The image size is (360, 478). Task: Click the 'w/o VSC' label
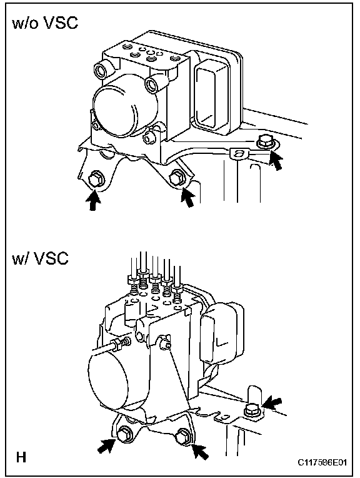pyautogui.click(x=45, y=23)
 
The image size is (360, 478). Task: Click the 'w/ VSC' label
pyautogui.click(x=40, y=258)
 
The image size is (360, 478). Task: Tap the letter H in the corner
pyautogui.click(x=21, y=457)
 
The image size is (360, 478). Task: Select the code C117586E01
pyautogui.click(x=322, y=463)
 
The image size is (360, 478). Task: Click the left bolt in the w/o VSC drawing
pyautogui.click(x=96, y=179)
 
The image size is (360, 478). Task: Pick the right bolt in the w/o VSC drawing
pyautogui.click(x=265, y=142)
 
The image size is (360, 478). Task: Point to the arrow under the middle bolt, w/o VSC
pyautogui.click(x=187, y=197)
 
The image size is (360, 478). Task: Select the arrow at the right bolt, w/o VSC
pyautogui.click(x=276, y=160)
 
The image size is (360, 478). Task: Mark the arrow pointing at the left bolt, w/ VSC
pyautogui.click(x=106, y=446)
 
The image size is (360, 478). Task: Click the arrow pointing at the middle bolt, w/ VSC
pyautogui.click(x=201, y=452)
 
